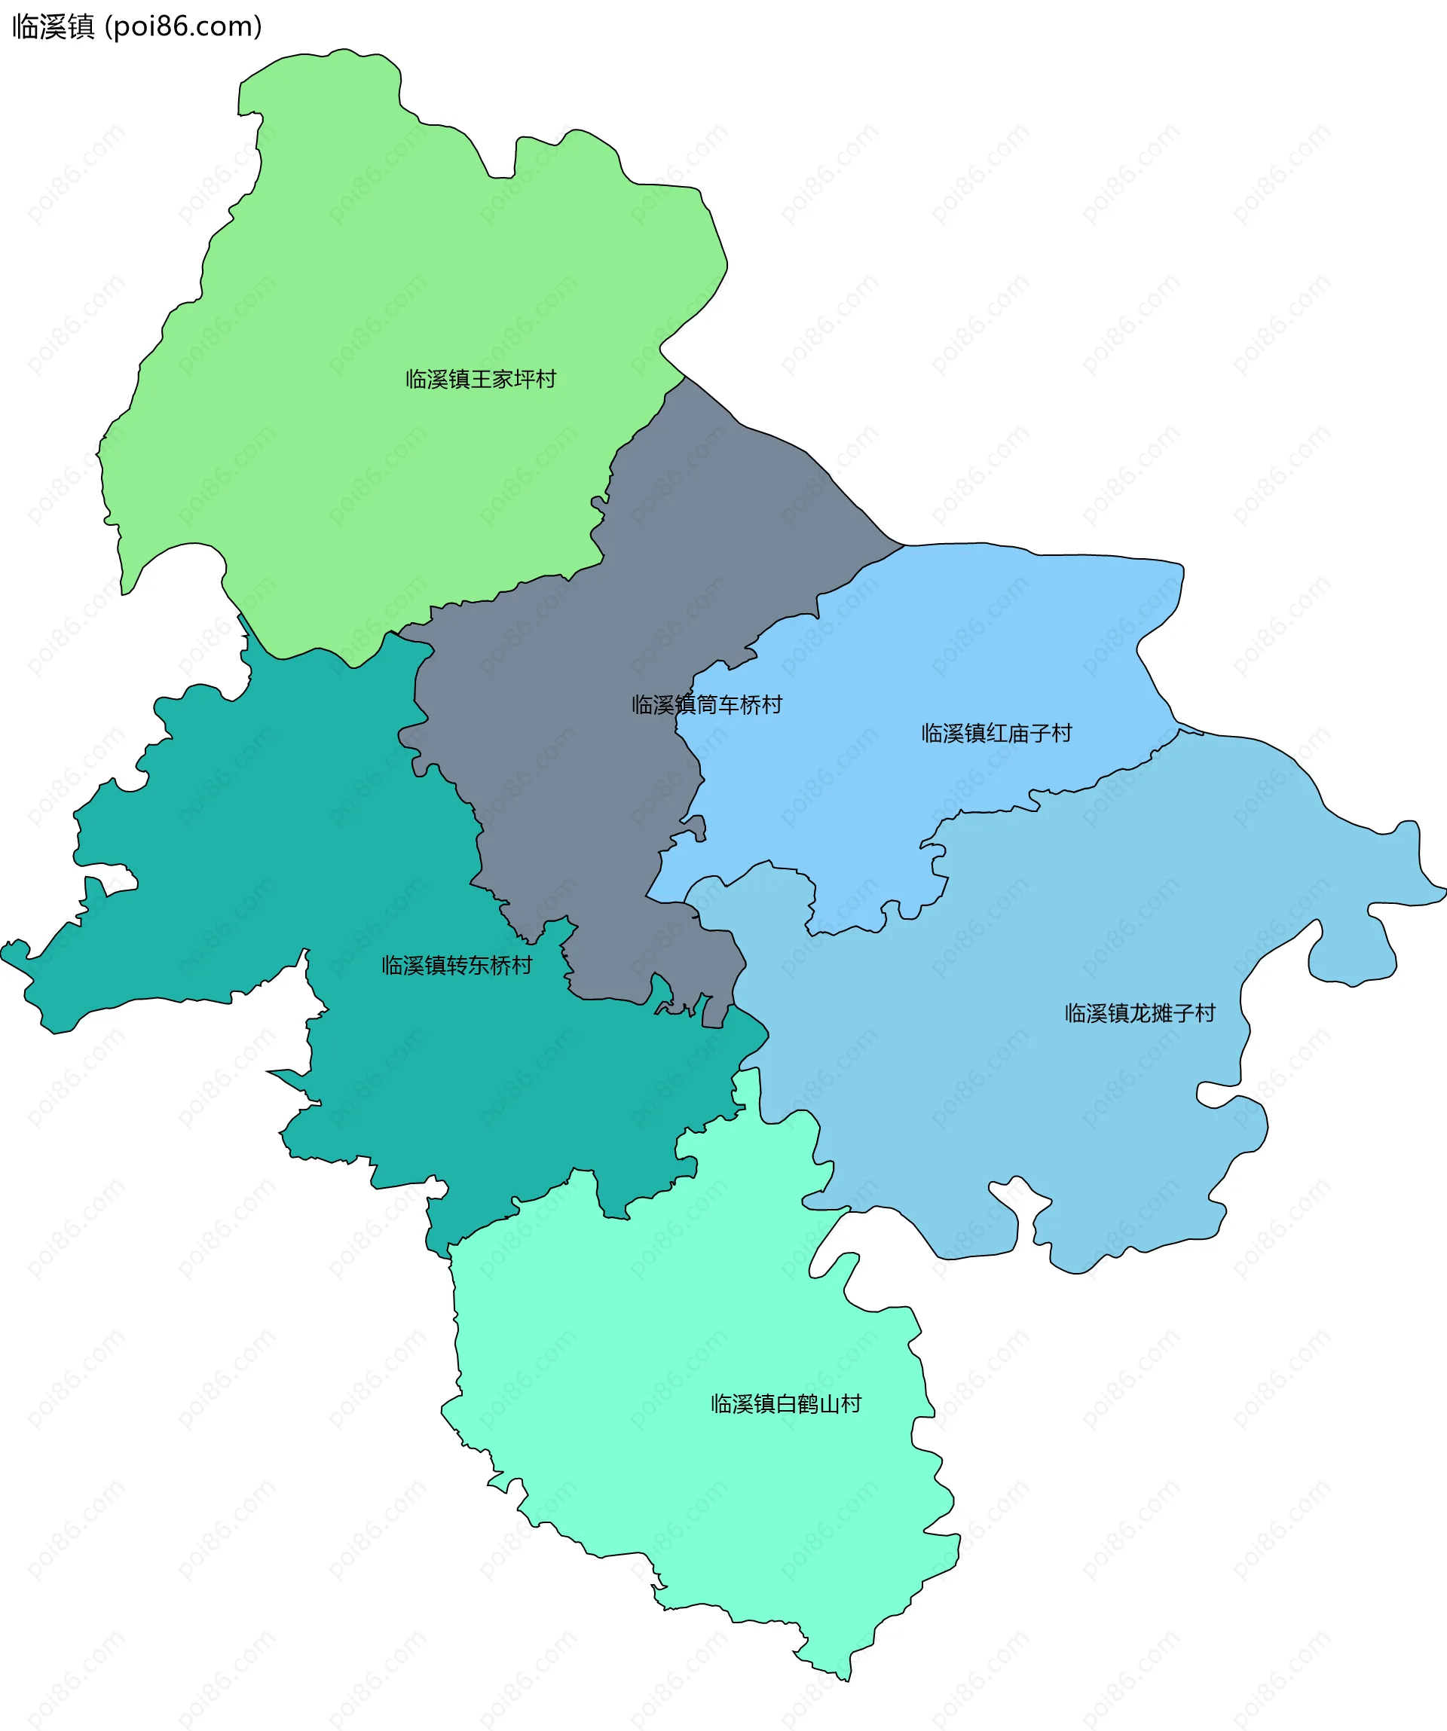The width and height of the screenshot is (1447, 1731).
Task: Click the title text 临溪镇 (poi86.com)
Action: click(x=137, y=27)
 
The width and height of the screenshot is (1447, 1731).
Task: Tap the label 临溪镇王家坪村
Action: click(x=481, y=379)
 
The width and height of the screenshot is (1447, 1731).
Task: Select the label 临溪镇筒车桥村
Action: click(x=707, y=705)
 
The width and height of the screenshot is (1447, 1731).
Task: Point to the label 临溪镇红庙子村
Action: click(x=996, y=734)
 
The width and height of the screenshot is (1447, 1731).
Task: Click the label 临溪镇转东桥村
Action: click(x=457, y=965)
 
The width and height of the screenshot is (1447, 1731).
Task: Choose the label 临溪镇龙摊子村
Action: click(x=1140, y=1013)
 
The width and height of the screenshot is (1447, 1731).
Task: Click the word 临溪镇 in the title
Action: click(x=54, y=27)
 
